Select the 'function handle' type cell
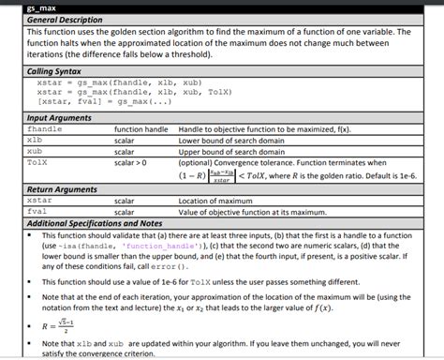coord(141,128)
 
